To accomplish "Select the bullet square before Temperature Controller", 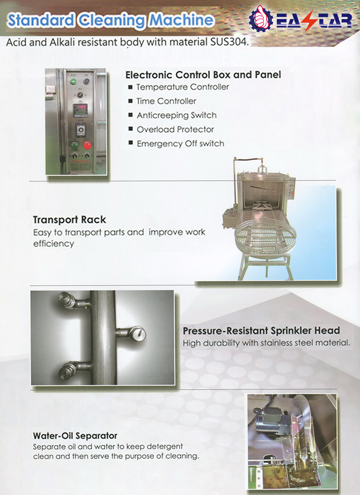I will point(130,87).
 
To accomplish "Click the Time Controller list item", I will point(166,101).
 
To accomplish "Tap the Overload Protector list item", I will point(175,129).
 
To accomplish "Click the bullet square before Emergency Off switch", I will point(130,143).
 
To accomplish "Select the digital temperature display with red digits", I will point(80,108).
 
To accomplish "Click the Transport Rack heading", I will point(69,220).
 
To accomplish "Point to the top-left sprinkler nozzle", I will point(67,300).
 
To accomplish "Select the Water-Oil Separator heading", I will point(75,436).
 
